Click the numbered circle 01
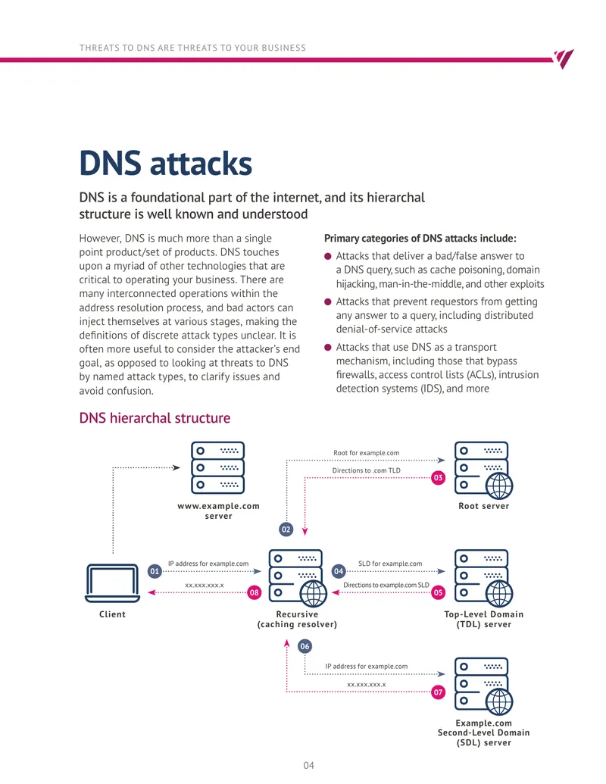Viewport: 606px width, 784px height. (x=155, y=571)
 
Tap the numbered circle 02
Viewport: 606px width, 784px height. (x=286, y=529)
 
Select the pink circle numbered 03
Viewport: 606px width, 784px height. (x=438, y=477)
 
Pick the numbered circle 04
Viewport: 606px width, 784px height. (x=339, y=571)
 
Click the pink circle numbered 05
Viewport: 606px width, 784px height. (x=438, y=592)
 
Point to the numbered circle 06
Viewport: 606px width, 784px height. (x=305, y=646)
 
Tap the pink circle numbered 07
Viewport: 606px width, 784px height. (x=438, y=692)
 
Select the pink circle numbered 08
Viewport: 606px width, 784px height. (x=254, y=592)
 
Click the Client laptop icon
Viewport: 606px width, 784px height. (x=113, y=583)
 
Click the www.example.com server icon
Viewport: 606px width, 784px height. (x=218, y=467)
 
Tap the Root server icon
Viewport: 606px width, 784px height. (x=483, y=470)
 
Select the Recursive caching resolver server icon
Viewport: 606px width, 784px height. (x=298, y=578)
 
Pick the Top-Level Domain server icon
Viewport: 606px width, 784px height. (x=483, y=578)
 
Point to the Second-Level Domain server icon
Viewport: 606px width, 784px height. (x=483, y=686)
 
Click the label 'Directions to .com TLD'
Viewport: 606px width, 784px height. (x=367, y=470)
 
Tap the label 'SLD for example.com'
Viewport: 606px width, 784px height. (x=390, y=564)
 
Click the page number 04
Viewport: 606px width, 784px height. (x=308, y=765)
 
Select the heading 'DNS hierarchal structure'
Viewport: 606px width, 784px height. (x=155, y=418)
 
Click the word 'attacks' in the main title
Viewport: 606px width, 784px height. (x=201, y=164)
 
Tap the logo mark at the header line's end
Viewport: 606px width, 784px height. (x=564, y=58)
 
